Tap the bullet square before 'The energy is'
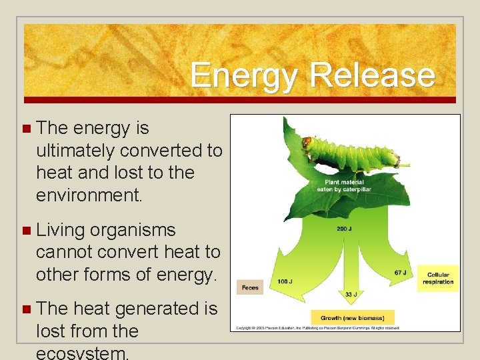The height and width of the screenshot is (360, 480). click(26, 128)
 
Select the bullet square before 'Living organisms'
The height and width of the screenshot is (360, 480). click(26, 231)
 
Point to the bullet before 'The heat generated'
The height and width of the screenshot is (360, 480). click(26, 309)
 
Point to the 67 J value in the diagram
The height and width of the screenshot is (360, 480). click(400, 273)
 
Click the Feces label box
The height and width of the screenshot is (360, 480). click(250, 287)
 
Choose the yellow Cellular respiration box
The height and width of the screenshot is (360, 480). click(438, 278)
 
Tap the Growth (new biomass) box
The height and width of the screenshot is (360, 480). click(353, 317)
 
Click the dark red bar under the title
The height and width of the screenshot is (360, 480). click(240, 100)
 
